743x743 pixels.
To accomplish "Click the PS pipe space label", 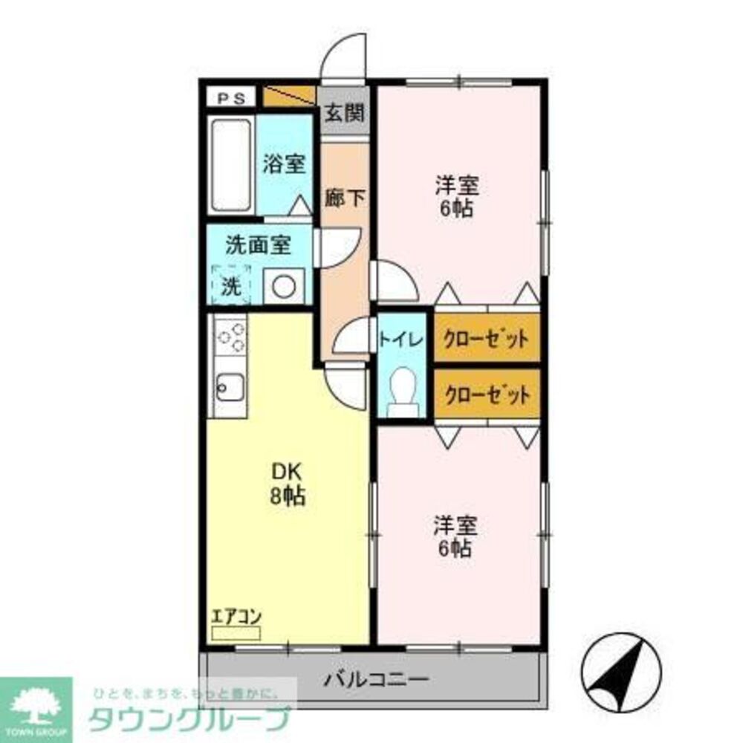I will coord(232,98).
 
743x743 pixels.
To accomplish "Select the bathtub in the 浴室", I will coord(232,165).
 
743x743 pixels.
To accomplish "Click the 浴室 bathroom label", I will coord(283,163).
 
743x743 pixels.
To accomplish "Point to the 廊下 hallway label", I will coord(345,198).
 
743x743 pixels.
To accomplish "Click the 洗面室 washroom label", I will coord(258,246).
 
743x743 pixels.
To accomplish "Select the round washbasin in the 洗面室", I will coord(284,286).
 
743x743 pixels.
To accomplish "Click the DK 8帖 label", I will coord(286,484).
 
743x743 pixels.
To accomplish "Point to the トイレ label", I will coord(402,339).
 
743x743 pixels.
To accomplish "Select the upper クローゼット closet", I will coord(487,339).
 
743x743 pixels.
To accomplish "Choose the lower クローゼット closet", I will coord(487,394).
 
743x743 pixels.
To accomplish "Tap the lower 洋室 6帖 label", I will coord(455,536).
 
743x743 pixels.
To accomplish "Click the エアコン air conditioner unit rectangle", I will coord(236,633).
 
